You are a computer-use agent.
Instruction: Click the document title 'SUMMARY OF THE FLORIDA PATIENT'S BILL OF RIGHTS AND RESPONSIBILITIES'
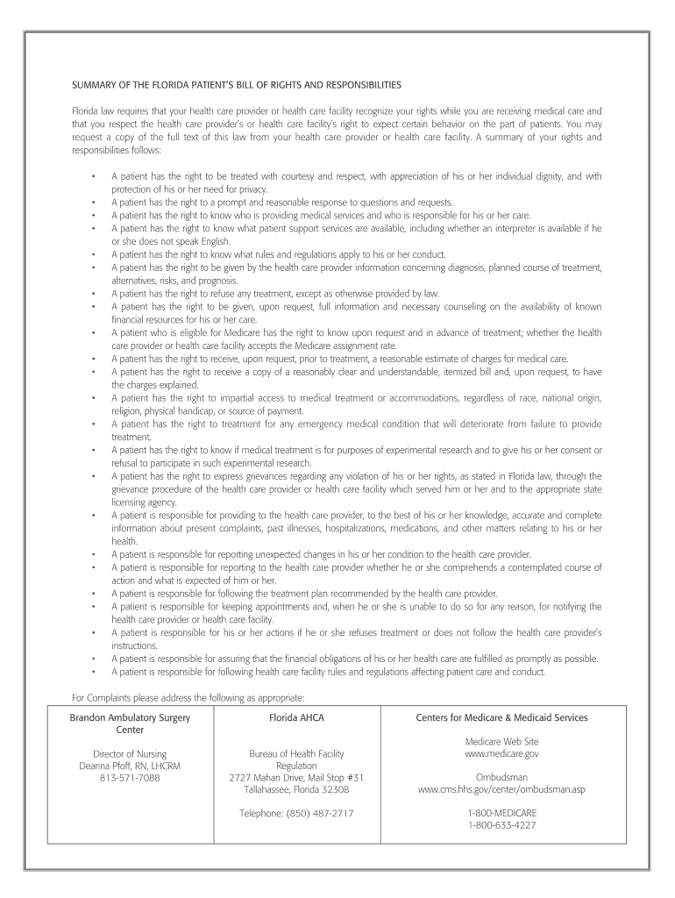pos(236,86)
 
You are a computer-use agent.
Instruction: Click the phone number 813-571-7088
pos(130,778)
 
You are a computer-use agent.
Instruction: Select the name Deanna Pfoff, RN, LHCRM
pos(130,766)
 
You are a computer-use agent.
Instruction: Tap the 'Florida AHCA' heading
pos(296,717)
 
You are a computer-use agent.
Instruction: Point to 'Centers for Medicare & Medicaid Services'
pos(501,717)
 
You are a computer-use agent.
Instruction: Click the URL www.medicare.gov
pos(501,753)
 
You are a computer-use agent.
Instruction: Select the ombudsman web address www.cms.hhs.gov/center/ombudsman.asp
pos(501,789)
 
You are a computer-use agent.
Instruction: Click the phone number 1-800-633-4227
pos(501,825)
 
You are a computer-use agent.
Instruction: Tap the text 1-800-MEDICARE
pos(501,813)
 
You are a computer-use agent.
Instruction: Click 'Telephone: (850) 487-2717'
pos(296,813)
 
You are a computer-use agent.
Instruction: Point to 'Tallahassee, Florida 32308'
pos(296,789)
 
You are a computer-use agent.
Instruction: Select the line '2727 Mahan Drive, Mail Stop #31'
pos(296,777)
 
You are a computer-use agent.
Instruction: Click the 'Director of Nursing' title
pos(130,753)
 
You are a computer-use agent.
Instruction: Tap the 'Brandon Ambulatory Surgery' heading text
pos(130,717)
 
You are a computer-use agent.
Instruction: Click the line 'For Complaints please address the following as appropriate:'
pos(188,697)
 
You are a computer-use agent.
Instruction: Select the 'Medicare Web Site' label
pos(501,741)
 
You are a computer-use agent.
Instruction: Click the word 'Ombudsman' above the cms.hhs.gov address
pos(501,777)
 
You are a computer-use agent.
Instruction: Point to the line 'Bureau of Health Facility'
pos(296,753)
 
